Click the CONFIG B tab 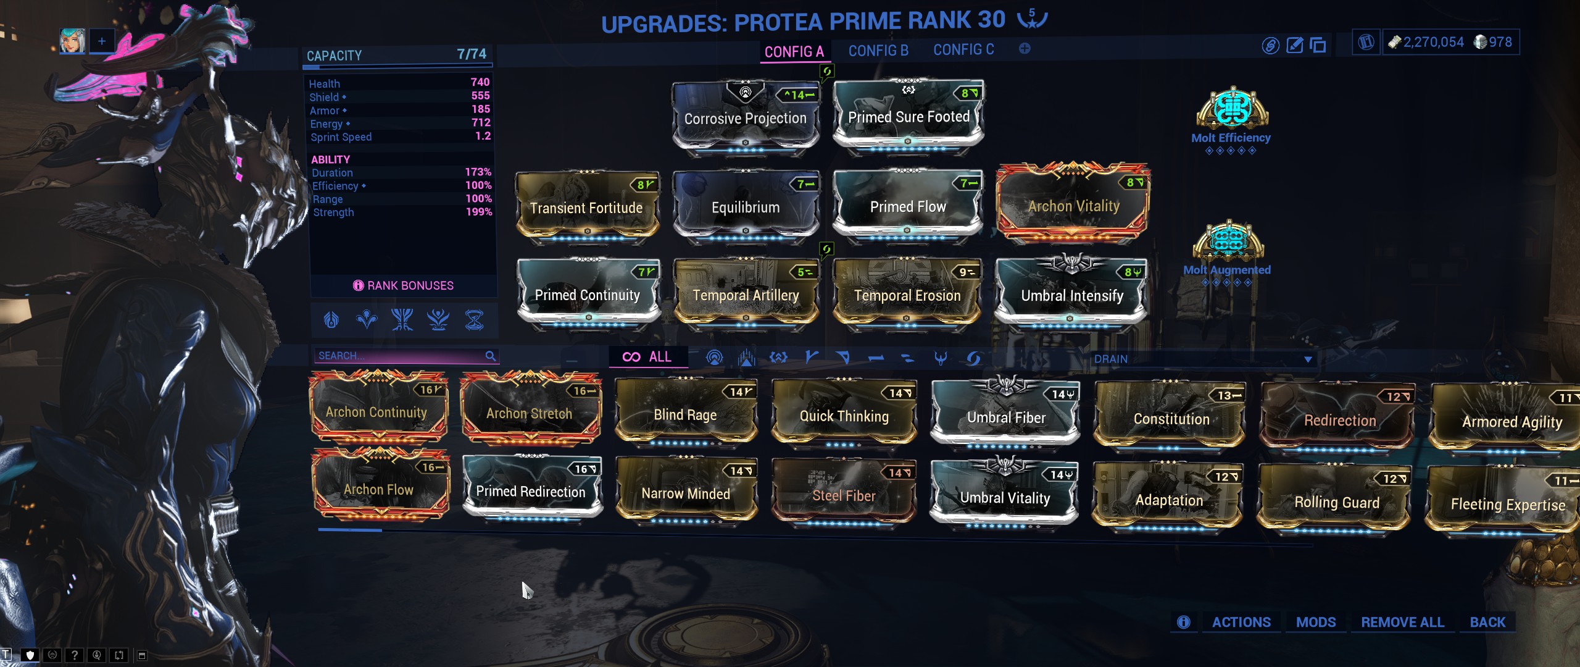(878, 51)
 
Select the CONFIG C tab (963, 50)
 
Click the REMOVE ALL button (1402, 622)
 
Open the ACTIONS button (1241, 622)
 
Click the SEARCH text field (400, 356)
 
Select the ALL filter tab (648, 357)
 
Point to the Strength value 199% (479, 212)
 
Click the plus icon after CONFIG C (1025, 49)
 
